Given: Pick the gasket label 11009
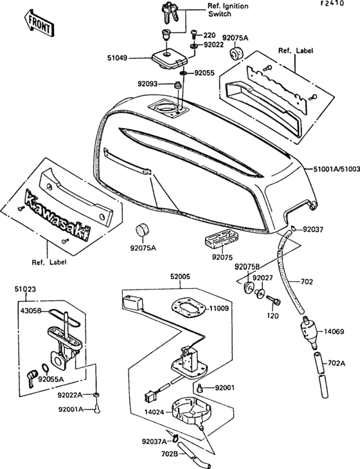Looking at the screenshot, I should click(218, 309).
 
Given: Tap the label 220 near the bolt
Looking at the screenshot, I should click(210, 35).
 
